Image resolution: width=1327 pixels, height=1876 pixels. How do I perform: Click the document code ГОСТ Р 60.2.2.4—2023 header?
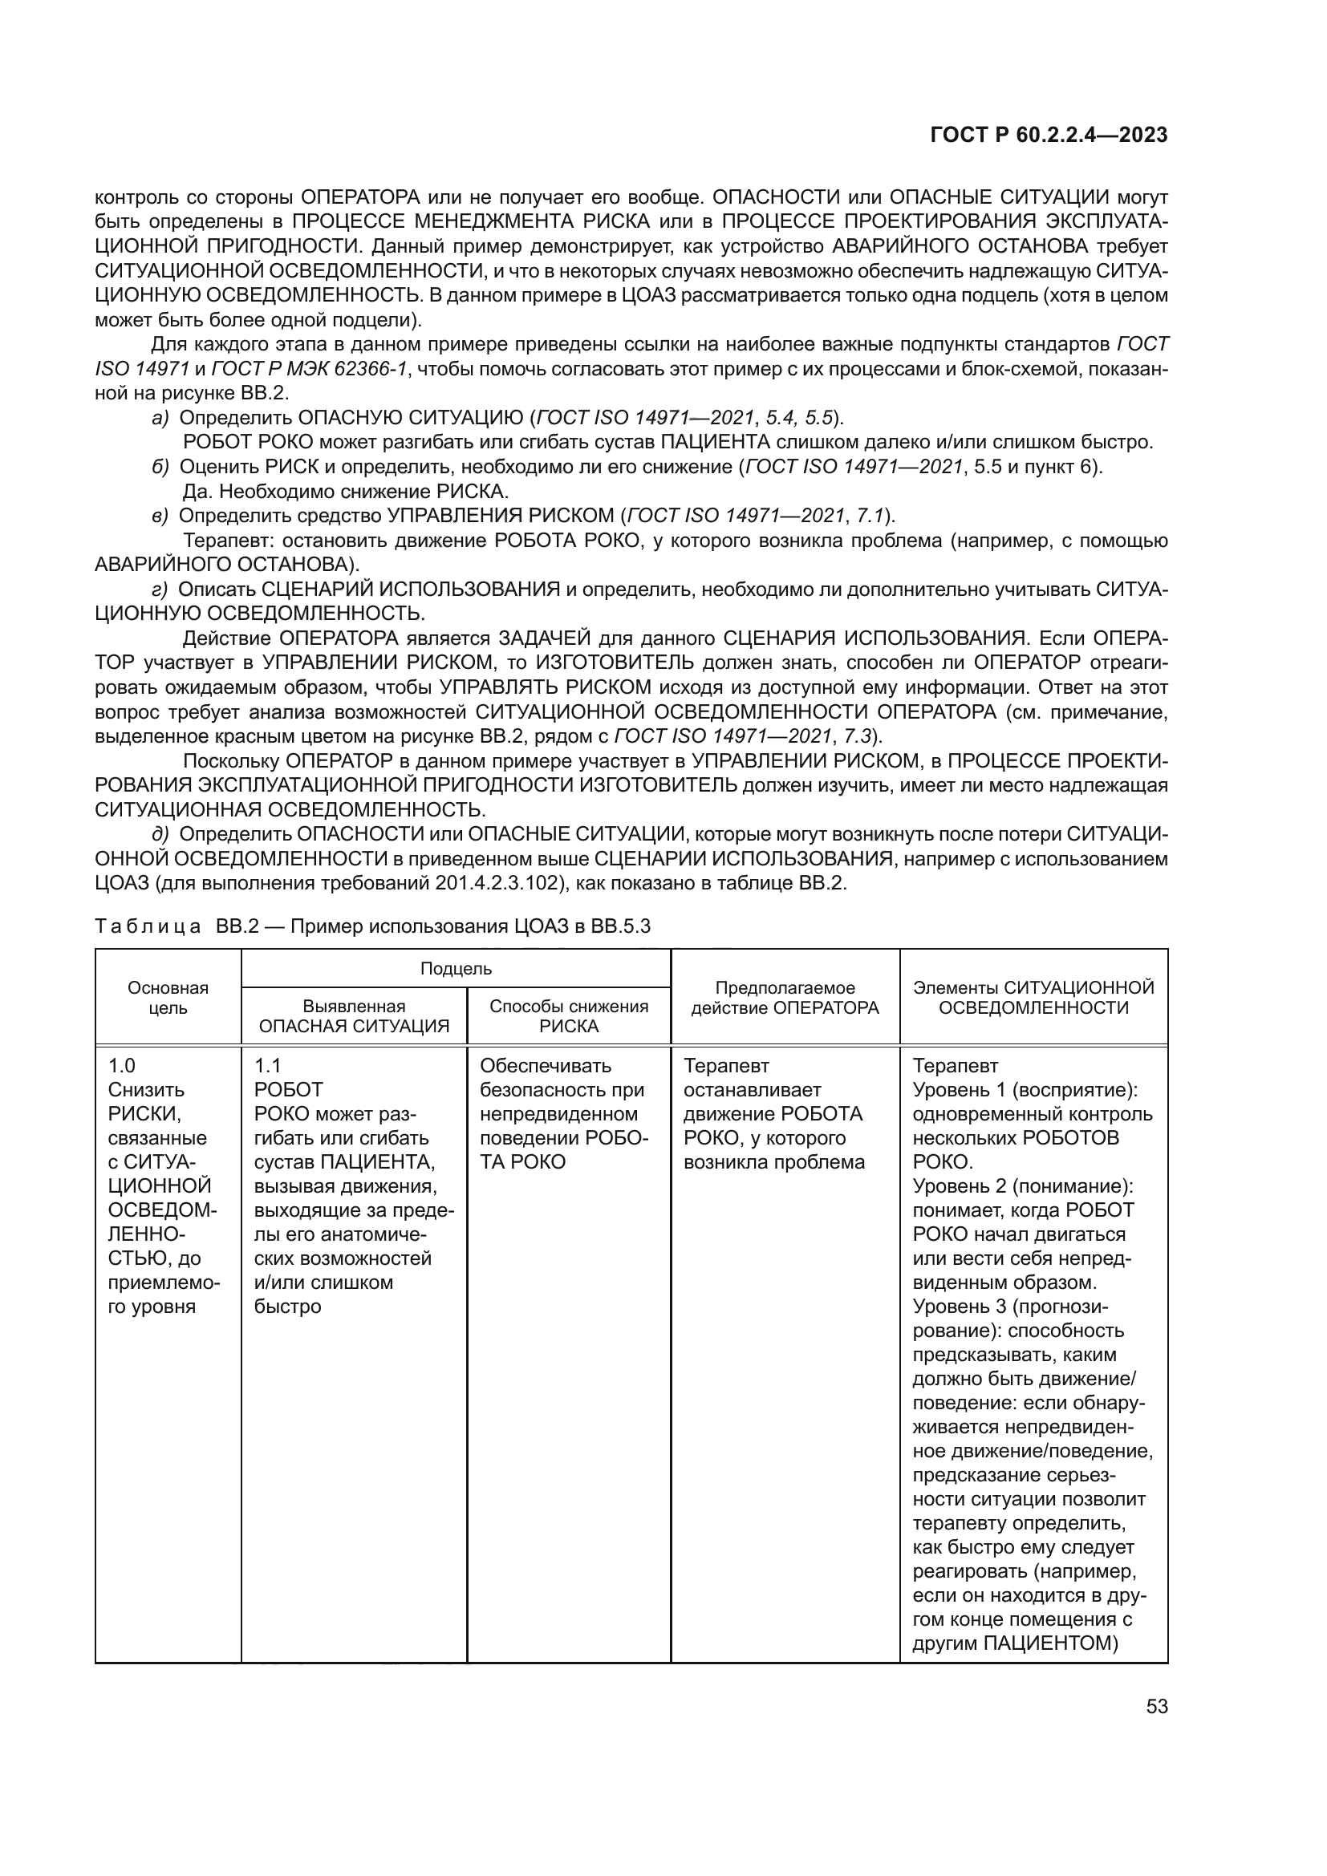pos(1049,136)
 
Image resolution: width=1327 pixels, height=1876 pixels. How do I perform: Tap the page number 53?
pos(1156,1706)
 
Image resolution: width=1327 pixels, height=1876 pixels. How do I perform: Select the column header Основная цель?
pos(168,997)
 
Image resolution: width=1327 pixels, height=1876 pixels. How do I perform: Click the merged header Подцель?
pos(455,968)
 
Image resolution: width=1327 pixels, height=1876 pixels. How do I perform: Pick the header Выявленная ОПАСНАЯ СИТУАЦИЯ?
pos(354,1015)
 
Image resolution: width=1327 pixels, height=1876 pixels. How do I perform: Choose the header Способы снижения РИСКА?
pos(569,1015)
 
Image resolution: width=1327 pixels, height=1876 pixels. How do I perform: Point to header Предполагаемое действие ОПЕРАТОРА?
pos(785,998)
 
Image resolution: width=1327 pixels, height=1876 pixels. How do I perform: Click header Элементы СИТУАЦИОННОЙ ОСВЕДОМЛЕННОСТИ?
pos(1033,998)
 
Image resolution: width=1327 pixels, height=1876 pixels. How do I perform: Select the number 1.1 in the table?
pos(267,1065)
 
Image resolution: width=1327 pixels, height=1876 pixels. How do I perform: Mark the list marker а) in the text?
pos(160,419)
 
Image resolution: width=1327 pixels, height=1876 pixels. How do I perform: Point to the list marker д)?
pos(160,834)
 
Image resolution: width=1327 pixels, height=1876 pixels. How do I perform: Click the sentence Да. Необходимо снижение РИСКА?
pos(346,492)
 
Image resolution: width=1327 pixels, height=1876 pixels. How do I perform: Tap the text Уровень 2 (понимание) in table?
pos(1022,1185)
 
